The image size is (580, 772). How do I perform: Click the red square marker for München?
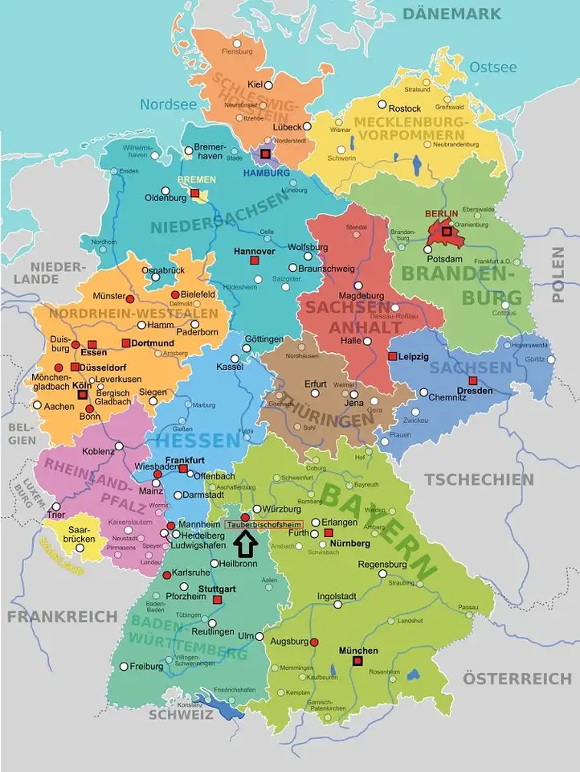pyautogui.click(x=357, y=661)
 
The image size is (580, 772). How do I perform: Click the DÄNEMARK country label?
pyautogui.click(x=451, y=14)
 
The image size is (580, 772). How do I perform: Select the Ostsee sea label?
pyautogui.click(x=492, y=68)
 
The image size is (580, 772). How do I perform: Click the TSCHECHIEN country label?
pyautogui.click(x=479, y=479)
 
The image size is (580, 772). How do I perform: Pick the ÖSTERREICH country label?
pyautogui.click(x=517, y=678)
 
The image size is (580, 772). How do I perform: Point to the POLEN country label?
pyautogui.click(x=559, y=274)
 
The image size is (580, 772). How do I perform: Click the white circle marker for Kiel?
pyautogui.click(x=269, y=85)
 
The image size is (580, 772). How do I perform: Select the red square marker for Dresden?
pyautogui.click(x=473, y=380)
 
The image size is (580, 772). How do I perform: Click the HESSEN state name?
pyautogui.click(x=198, y=440)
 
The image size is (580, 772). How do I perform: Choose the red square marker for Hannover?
pyautogui.click(x=254, y=262)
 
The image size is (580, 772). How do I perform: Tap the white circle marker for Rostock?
pyautogui.click(x=371, y=108)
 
